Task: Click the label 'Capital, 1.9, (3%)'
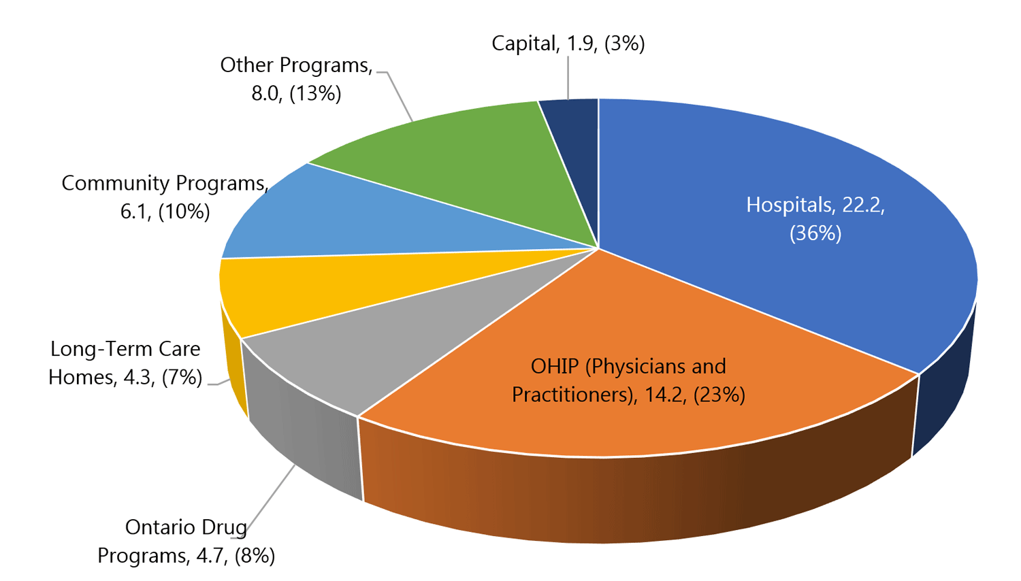pyautogui.click(x=568, y=44)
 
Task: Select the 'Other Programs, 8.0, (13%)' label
pyautogui.click(x=297, y=79)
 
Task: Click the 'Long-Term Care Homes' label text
pyautogui.click(x=125, y=363)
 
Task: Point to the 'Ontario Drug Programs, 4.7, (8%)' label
pyautogui.click(x=186, y=542)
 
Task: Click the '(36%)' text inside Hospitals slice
pyautogui.click(x=815, y=233)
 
